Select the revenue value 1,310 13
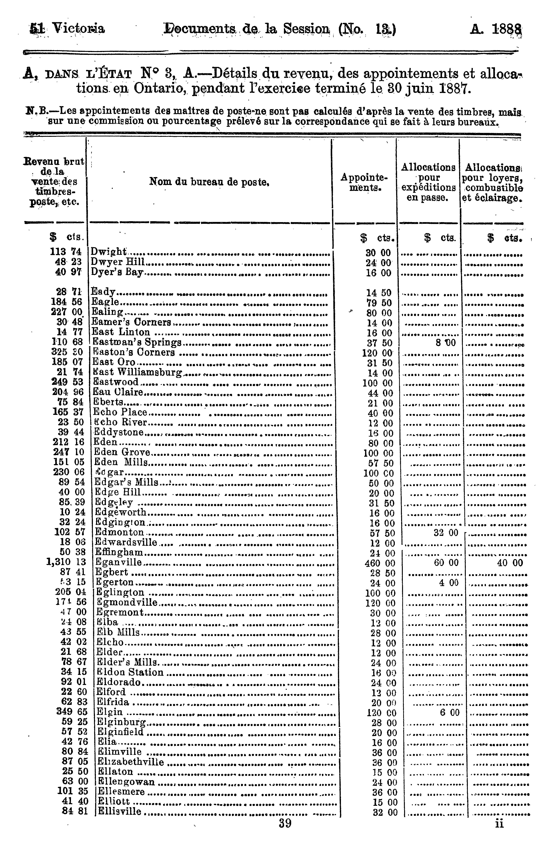[x=66, y=562]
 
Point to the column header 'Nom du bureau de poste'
[x=209, y=182]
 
